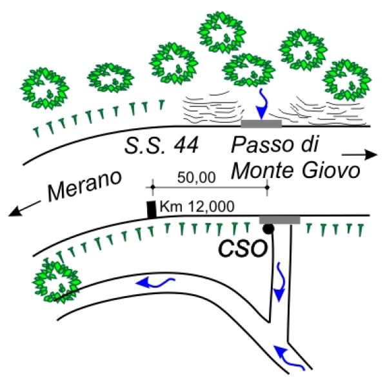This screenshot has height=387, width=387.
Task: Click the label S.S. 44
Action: (161, 146)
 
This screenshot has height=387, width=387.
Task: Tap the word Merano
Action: (84, 184)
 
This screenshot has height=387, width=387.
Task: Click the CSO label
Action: (243, 248)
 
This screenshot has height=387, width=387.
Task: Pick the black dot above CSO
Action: (268, 228)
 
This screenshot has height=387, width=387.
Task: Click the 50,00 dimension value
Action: (197, 177)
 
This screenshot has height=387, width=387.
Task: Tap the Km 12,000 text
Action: (197, 206)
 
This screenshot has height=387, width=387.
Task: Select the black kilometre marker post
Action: (152, 210)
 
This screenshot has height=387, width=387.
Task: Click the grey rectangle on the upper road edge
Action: (261, 124)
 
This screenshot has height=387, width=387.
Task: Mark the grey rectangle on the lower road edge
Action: (280, 220)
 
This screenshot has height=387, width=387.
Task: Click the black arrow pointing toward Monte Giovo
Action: (359, 155)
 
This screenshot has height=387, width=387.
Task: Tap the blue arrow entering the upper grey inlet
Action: (262, 104)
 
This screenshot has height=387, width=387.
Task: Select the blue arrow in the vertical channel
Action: (279, 282)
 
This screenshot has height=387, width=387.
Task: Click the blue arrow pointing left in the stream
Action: (155, 283)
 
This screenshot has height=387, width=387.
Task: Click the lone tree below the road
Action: (57, 281)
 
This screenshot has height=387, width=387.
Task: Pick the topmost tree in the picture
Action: (221, 32)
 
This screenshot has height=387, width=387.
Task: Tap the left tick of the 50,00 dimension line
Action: (152, 187)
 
